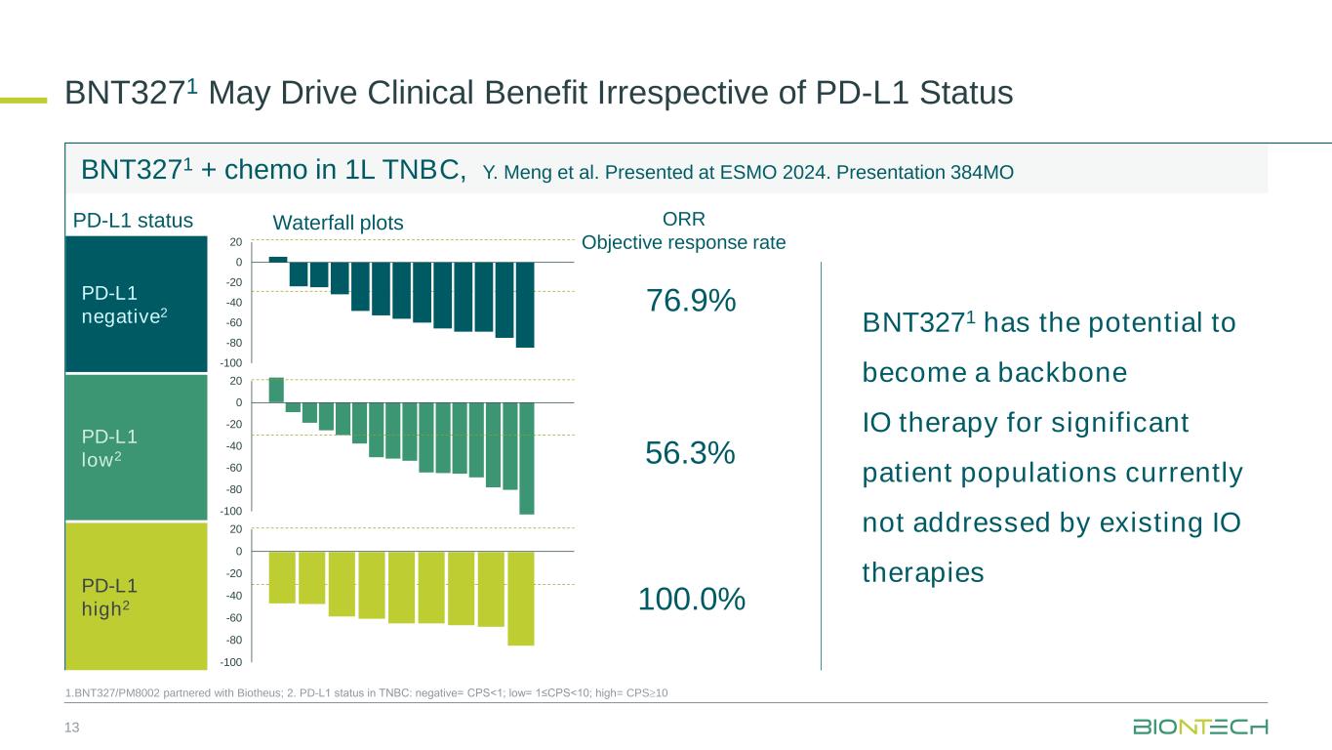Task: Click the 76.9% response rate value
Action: tap(691, 302)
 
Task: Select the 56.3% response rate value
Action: tap(691, 453)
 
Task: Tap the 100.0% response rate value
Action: tap(691, 599)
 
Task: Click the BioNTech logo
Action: tap(1200, 728)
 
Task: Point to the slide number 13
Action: tap(71, 727)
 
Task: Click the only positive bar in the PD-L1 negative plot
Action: tap(278, 259)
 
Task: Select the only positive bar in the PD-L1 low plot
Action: tap(276, 390)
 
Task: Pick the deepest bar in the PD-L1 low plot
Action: tap(527, 458)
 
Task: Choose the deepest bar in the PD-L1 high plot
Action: tap(521, 599)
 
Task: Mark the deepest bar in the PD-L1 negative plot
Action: tap(525, 305)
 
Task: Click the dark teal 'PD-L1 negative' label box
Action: tap(137, 304)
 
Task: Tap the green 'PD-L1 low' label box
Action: tap(137, 447)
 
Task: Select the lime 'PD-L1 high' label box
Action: tap(137, 596)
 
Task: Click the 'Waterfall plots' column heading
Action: tap(337, 223)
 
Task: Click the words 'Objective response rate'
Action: tap(683, 242)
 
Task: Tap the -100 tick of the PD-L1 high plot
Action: tap(231, 663)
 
